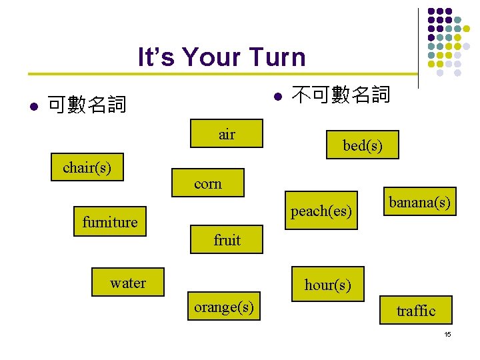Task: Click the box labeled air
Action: point(227,134)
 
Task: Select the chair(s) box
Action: point(87,167)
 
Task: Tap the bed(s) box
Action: point(362,145)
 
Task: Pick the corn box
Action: point(208,183)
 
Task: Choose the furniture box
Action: point(110,222)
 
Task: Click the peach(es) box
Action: point(321,211)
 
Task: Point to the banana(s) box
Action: point(420,201)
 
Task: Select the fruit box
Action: point(227,239)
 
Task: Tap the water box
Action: point(128,283)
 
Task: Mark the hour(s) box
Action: point(327,285)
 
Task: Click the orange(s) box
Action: point(223,307)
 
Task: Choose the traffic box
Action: point(415,310)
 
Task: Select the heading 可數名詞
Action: point(87,105)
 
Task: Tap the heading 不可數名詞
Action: point(341,95)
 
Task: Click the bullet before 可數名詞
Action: point(33,106)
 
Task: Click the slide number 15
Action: point(447,334)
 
